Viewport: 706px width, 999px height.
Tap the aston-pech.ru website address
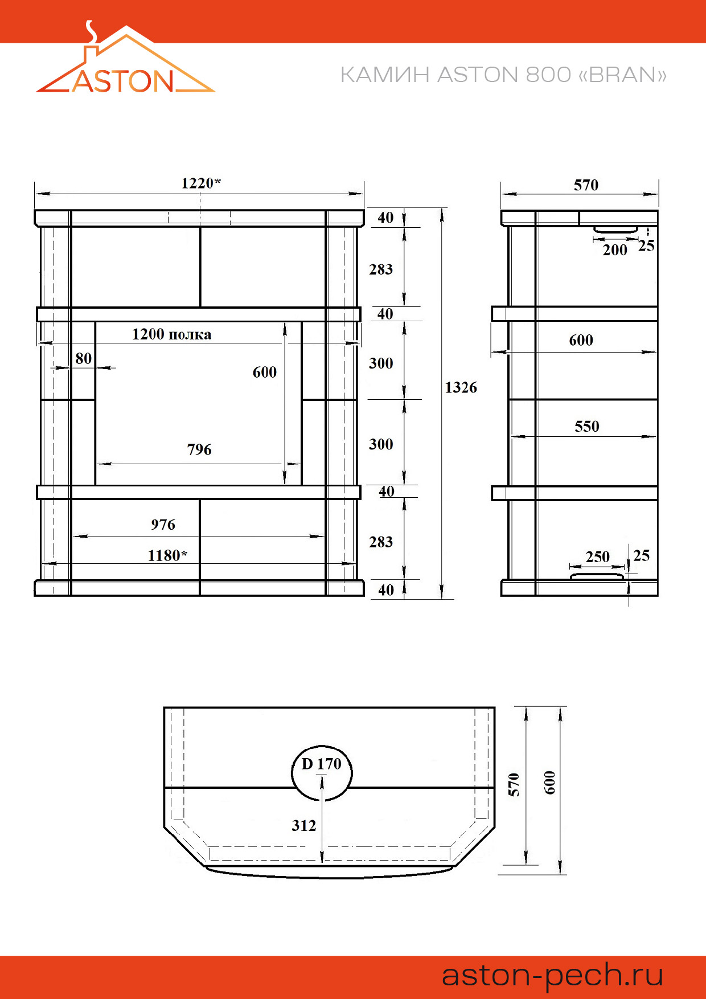point(552,975)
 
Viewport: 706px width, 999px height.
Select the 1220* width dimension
point(201,183)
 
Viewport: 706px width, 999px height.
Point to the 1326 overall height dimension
point(461,387)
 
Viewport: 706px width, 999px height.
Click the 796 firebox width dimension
point(199,449)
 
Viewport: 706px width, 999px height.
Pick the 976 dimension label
point(163,525)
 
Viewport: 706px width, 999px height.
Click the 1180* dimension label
point(167,555)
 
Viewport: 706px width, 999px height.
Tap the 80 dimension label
point(83,358)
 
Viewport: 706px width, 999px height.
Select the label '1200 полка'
point(171,334)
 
